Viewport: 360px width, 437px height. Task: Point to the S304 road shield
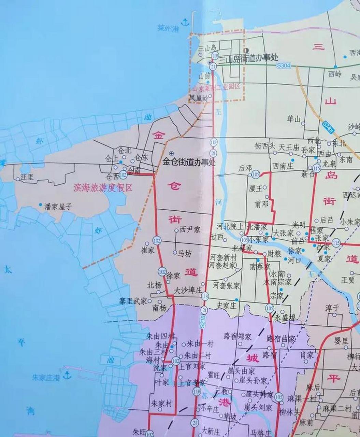point(284,66)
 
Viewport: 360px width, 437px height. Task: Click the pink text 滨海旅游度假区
point(103,188)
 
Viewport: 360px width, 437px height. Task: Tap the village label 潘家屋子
point(58,207)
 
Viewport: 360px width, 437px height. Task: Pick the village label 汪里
point(27,177)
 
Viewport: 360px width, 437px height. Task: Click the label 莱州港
point(169,28)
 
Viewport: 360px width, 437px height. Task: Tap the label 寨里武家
point(133,301)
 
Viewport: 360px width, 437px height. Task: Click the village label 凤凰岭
point(199,98)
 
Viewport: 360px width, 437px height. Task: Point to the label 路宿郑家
point(237,336)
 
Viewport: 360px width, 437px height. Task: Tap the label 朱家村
point(162,404)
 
